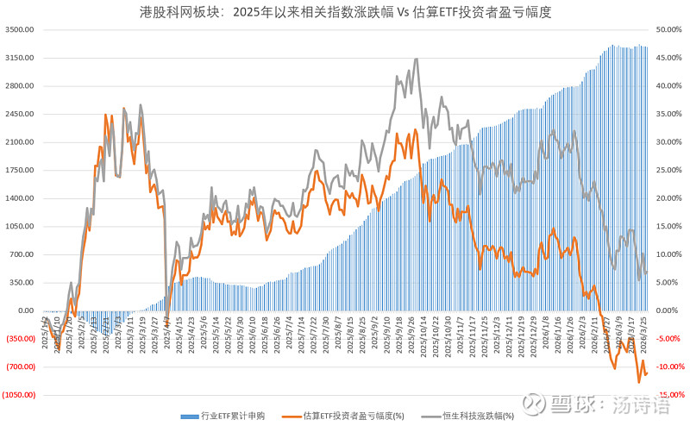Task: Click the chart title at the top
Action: click(x=345, y=12)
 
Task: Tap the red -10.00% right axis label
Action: click(x=669, y=366)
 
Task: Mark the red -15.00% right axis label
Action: click(x=669, y=395)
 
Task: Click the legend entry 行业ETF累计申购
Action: click(x=228, y=415)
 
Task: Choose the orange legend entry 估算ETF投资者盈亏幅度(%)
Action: click(x=354, y=415)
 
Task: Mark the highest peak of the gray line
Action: click(x=417, y=59)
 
